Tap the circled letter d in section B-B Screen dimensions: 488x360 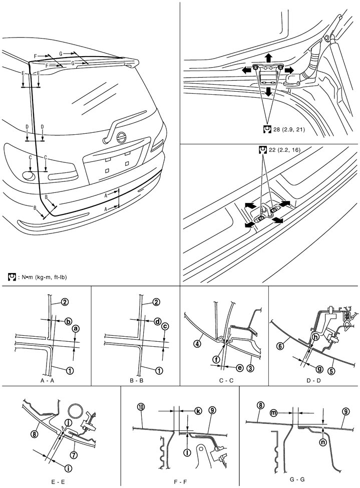(157, 321)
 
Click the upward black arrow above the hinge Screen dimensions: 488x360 (269, 57)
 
